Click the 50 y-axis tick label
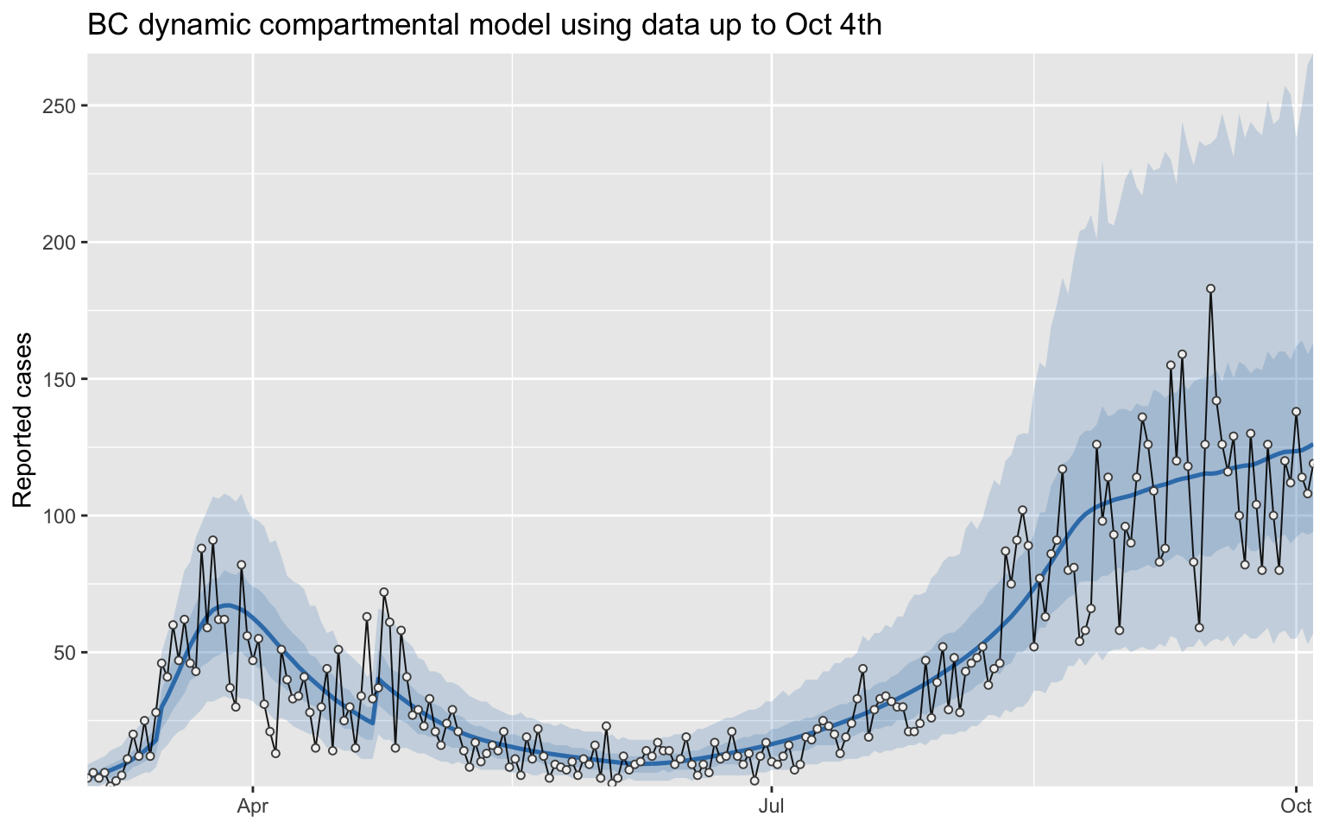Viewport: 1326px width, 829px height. click(65, 653)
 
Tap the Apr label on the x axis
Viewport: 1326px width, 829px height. click(252, 807)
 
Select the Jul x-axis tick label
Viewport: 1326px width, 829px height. click(772, 807)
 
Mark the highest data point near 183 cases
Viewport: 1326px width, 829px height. click(1210, 288)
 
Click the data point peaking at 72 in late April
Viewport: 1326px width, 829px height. click(384, 592)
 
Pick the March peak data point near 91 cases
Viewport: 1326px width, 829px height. click(212, 541)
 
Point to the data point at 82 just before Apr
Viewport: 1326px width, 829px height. click(241, 565)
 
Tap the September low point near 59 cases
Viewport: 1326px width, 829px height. click(1199, 628)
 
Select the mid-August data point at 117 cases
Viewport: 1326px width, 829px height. click(1063, 469)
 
